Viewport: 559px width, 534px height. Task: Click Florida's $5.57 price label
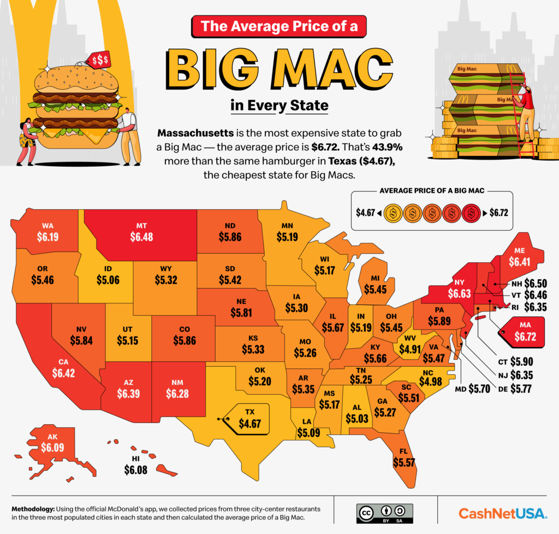[405, 461]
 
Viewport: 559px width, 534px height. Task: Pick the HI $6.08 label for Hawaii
[136, 469]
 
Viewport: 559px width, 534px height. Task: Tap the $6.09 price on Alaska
[52, 447]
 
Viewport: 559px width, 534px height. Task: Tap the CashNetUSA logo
[502, 513]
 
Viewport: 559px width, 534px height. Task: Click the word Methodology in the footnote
[34, 509]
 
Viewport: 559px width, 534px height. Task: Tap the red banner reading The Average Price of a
[279, 25]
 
